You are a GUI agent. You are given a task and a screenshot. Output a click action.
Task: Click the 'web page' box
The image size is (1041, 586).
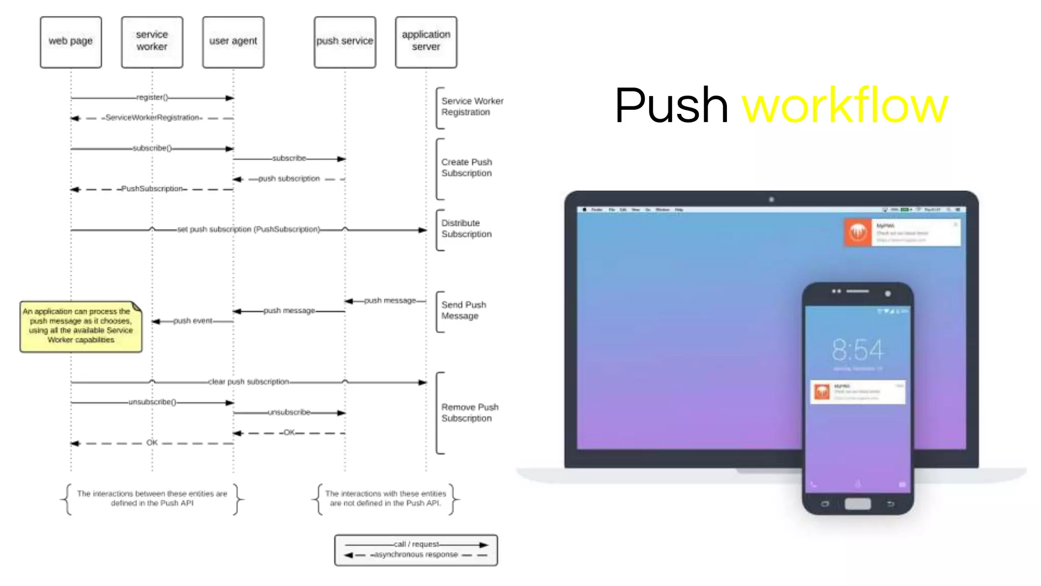click(x=71, y=42)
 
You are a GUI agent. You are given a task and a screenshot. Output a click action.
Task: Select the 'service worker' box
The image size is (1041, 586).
click(x=152, y=42)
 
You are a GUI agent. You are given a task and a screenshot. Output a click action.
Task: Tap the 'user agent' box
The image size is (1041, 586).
click(x=233, y=42)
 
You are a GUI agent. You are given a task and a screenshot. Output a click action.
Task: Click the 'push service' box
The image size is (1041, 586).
click(x=345, y=42)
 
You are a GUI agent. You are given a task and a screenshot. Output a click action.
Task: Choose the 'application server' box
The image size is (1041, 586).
click(x=426, y=42)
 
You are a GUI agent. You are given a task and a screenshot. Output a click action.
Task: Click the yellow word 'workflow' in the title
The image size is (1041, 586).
click(x=845, y=106)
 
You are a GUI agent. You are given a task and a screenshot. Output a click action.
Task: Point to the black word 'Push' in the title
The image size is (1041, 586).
click(x=671, y=106)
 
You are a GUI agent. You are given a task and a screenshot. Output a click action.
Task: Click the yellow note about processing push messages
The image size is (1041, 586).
click(x=80, y=326)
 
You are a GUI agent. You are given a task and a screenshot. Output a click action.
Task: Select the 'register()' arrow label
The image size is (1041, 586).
click(x=152, y=97)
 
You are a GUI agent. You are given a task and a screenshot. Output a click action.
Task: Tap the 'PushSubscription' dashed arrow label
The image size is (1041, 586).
click(x=152, y=189)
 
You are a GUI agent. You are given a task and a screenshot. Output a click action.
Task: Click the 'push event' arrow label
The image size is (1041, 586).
click(x=193, y=321)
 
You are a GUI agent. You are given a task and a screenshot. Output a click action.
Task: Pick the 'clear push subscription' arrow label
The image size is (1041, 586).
click(x=248, y=382)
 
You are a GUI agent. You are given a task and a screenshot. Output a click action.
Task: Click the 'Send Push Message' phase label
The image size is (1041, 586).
click(x=464, y=310)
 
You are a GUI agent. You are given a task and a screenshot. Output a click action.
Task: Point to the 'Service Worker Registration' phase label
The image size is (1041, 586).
click(x=472, y=106)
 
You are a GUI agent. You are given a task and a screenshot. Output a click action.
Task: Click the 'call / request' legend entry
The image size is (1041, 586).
click(x=416, y=544)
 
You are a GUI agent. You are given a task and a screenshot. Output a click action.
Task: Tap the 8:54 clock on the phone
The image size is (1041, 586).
click(x=858, y=350)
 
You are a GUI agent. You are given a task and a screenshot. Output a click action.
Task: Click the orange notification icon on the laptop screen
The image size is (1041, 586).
click(x=858, y=232)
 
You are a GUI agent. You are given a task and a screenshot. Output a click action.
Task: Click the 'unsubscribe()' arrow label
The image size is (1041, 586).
click(x=152, y=402)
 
